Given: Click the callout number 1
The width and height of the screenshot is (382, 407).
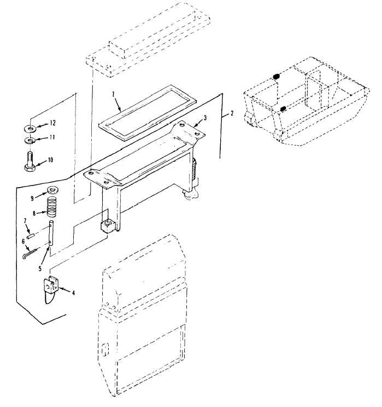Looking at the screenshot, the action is (x=113, y=95).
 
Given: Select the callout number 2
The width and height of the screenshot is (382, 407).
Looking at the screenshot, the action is (x=232, y=113).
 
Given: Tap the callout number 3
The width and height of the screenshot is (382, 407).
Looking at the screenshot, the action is (x=205, y=118).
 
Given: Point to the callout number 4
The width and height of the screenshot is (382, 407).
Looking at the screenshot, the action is (x=74, y=293).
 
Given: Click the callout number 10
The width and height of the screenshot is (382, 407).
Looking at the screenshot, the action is (x=50, y=160).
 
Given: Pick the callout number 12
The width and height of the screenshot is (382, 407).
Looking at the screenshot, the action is (x=52, y=123).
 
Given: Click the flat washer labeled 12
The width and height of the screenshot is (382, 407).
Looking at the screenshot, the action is (x=31, y=128).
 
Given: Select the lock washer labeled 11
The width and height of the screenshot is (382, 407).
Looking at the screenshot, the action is (x=30, y=141).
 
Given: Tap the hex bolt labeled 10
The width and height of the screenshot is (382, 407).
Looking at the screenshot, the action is (x=30, y=162).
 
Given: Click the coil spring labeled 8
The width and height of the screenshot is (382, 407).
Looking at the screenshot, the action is (x=52, y=207).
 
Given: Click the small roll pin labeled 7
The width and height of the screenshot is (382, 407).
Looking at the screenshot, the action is (x=31, y=236).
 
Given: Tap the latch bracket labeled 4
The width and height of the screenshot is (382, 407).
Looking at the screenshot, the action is (x=51, y=289).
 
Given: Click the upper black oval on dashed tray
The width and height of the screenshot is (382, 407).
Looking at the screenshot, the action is (x=276, y=77).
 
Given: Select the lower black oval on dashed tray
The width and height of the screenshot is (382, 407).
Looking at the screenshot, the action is (x=283, y=108).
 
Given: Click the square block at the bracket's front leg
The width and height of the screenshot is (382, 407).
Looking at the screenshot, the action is (x=108, y=226).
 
